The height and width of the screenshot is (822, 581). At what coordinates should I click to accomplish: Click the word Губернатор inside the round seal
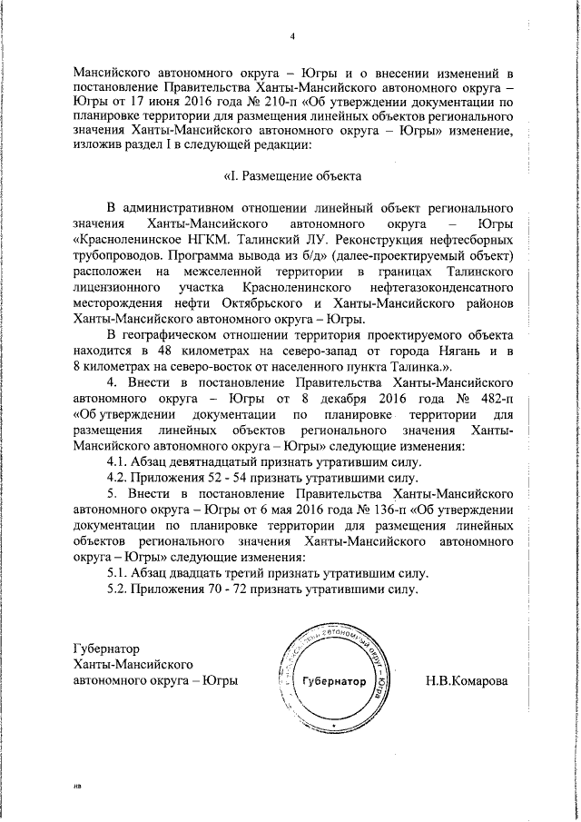(x=335, y=680)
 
